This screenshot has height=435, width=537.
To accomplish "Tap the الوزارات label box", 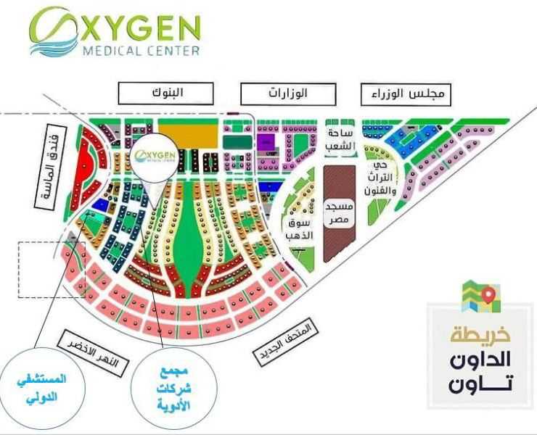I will [x=289, y=94].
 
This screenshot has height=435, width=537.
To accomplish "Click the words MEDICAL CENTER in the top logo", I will [x=142, y=51].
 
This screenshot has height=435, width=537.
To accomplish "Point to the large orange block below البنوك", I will [x=188, y=133].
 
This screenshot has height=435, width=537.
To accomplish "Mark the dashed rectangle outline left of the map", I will [x=51, y=268].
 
